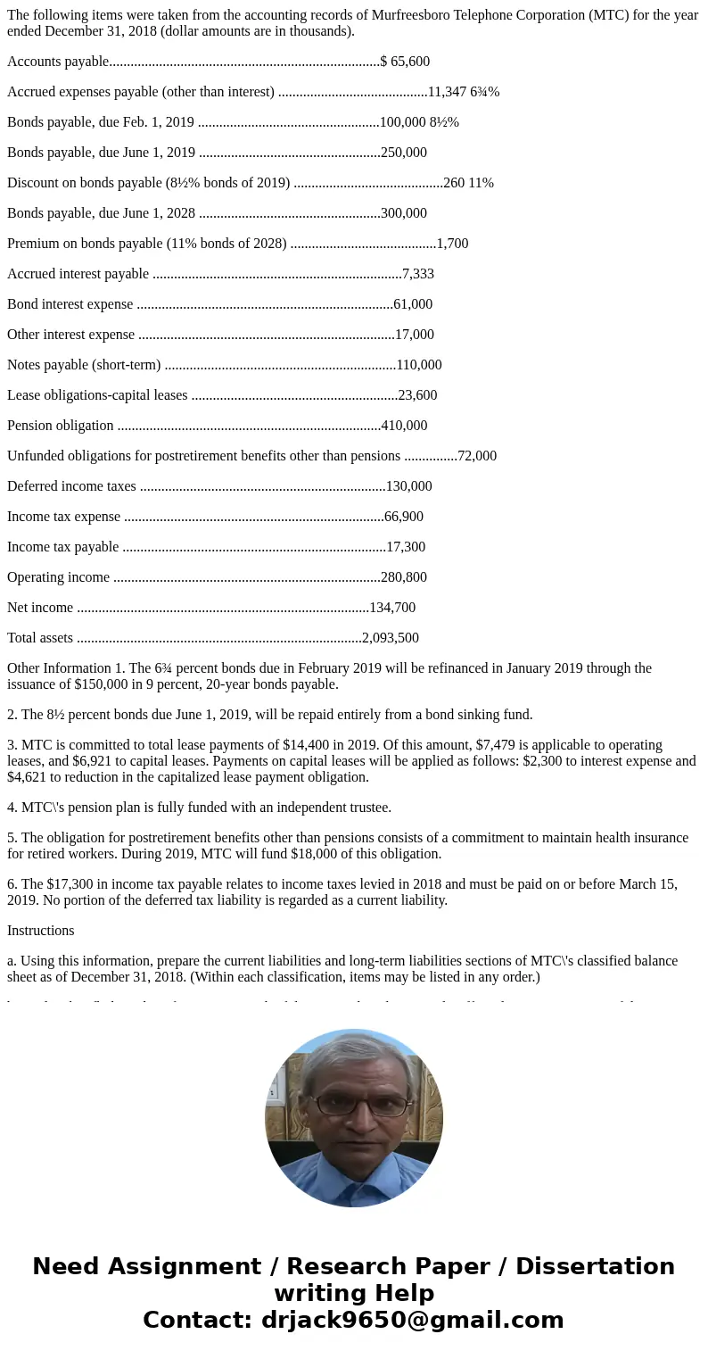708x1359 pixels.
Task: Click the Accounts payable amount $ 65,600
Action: [x=405, y=62]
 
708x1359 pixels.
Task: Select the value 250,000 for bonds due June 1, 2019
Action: [x=404, y=153]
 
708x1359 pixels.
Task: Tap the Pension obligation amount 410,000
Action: [x=404, y=426]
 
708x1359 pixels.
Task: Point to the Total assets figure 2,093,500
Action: [x=391, y=638]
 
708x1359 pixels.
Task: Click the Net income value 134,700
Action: [x=392, y=608]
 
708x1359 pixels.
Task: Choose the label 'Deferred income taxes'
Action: [x=71, y=486]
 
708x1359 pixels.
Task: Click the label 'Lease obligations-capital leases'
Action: [x=97, y=395]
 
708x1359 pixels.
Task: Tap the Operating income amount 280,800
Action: [x=404, y=577]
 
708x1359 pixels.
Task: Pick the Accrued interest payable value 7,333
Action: [x=418, y=274]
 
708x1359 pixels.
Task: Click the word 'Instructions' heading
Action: [x=41, y=931]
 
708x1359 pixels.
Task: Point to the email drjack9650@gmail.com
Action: [x=412, y=1320]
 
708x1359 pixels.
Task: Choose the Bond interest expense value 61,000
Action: [x=413, y=304]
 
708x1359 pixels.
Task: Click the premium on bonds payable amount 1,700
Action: [x=452, y=244]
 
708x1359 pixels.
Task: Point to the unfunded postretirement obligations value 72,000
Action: [x=477, y=456]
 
